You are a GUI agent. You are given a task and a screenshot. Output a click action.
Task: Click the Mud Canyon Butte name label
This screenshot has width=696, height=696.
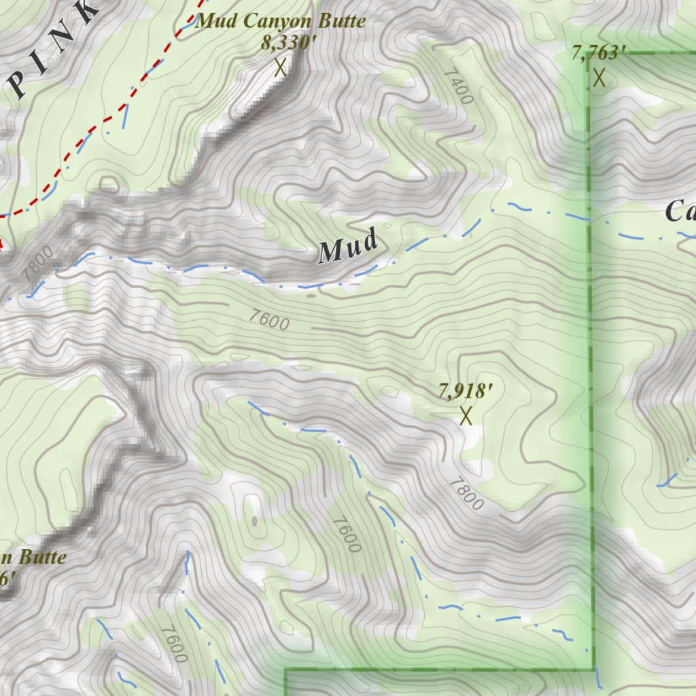(x=281, y=21)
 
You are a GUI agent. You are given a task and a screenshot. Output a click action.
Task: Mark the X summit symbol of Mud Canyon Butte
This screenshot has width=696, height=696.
(x=279, y=67)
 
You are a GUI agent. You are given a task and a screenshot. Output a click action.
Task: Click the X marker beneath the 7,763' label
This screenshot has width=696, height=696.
(x=599, y=77)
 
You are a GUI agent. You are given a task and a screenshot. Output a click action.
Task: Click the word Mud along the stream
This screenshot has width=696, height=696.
(x=348, y=247)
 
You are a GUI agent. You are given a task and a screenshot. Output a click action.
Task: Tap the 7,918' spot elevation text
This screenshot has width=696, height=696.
(x=465, y=391)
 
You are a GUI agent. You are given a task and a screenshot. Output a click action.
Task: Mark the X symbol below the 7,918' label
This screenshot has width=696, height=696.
(x=466, y=415)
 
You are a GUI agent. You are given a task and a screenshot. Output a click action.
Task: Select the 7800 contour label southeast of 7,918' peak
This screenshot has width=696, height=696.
(x=466, y=493)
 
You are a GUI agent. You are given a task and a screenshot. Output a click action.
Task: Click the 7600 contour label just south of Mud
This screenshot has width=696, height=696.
(x=268, y=319)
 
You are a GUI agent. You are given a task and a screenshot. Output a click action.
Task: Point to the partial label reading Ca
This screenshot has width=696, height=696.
(x=680, y=211)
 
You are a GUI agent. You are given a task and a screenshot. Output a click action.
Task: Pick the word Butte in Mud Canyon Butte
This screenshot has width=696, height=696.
(x=344, y=21)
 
